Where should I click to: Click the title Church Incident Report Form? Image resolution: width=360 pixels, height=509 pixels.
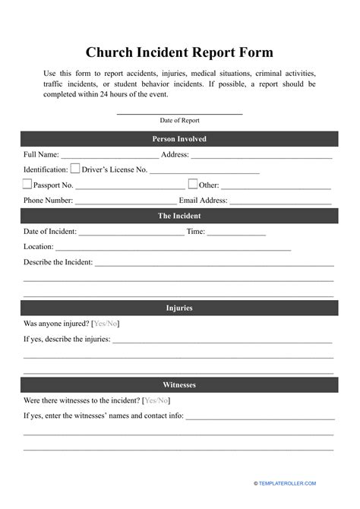179,53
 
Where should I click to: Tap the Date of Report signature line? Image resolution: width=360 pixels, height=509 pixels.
179,114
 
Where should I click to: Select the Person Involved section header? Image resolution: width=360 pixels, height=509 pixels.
179,139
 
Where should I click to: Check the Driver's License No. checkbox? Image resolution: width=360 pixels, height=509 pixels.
75,169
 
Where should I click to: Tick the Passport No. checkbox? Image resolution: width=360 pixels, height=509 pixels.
27,185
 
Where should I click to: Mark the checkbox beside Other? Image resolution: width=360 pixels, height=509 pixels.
193,185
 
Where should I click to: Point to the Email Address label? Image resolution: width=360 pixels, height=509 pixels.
203,201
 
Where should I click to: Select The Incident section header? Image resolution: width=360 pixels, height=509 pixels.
179,217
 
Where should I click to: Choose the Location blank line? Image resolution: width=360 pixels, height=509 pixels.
173,249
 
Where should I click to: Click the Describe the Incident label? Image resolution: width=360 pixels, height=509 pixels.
58,262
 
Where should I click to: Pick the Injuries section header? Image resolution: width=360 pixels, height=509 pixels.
179,308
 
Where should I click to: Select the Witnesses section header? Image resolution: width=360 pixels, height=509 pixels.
179,385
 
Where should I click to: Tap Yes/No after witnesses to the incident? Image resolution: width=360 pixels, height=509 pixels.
156,401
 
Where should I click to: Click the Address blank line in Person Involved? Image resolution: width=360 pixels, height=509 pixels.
261,156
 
